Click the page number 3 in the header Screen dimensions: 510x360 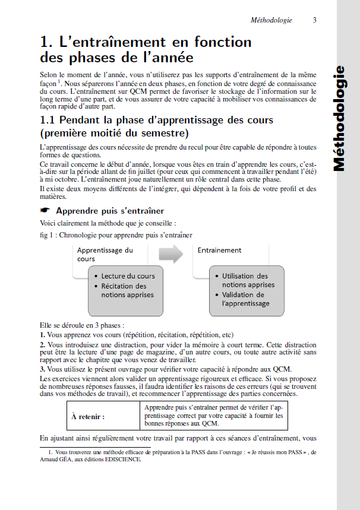pos(314,20)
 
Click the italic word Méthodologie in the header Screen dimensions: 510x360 pos(271,20)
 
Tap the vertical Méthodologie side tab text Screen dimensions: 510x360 pos(339,119)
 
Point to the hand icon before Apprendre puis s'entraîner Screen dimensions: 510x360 pos(45,211)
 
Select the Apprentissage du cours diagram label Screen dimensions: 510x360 pos(105,254)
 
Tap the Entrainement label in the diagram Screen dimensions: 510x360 pos(220,250)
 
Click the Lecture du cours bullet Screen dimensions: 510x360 pos(128,276)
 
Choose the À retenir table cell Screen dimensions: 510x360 pos(88,417)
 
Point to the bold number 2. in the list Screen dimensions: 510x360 pos(43,344)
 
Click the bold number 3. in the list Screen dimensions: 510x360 pos(43,369)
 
